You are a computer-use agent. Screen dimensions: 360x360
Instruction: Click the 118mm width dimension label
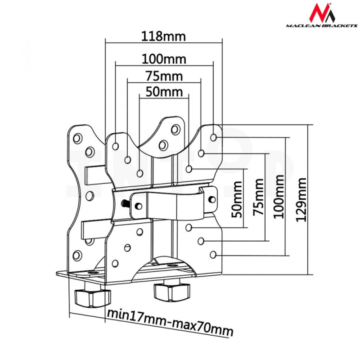click(163, 36)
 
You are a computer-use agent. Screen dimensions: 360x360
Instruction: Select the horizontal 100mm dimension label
click(164, 59)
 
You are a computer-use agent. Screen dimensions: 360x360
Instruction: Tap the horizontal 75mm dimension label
click(164, 76)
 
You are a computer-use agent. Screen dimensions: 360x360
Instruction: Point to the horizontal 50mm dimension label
click(164, 92)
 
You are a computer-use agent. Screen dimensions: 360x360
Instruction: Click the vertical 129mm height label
click(301, 199)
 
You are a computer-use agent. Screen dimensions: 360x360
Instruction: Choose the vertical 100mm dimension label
click(279, 197)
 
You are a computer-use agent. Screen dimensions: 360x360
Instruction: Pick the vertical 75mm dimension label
click(258, 197)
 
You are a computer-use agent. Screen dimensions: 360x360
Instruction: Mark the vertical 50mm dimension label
click(237, 199)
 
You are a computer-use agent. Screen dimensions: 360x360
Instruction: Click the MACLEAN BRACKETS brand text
click(322, 26)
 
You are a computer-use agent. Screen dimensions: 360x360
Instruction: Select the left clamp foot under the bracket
click(93, 297)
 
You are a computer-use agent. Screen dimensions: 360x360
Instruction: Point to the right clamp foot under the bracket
click(172, 292)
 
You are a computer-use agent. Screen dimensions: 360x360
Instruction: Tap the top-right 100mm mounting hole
click(213, 138)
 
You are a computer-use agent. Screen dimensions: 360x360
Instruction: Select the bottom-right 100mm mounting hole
click(213, 254)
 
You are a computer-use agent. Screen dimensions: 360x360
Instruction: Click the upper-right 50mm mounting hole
click(189, 169)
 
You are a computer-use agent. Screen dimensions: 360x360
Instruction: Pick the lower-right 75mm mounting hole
click(201, 241)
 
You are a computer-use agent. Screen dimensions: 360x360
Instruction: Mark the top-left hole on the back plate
click(77, 139)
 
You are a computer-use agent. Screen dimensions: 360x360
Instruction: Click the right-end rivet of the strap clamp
click(212, 199)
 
